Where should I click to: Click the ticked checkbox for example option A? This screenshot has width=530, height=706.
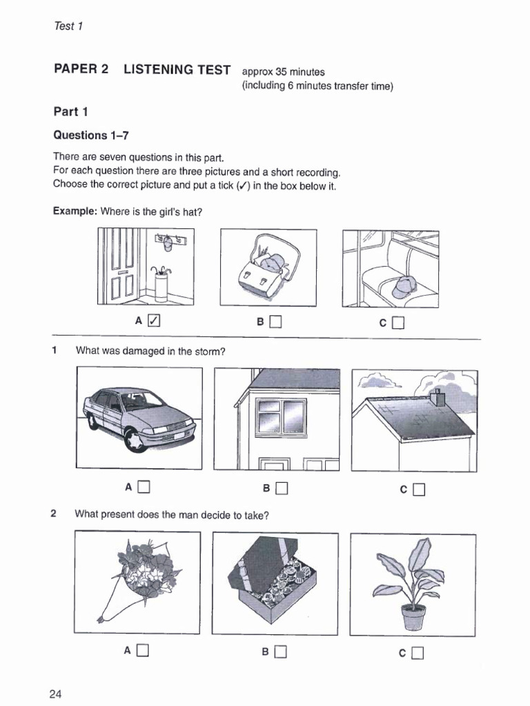point(155,321)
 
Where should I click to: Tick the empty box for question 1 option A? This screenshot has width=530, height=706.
point(144,487)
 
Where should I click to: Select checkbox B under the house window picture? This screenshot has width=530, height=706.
point(281,488)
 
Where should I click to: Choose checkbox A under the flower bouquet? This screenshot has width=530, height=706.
point(143,650)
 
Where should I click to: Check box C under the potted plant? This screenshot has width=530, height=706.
point(418,652)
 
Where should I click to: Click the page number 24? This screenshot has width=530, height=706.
point(56,693)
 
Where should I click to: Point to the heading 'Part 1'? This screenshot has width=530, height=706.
point(71,112)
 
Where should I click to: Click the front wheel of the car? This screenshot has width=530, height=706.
point(135,439)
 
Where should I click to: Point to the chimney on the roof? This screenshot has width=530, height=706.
point(437,397)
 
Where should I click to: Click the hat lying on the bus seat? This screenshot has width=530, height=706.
point(404,285)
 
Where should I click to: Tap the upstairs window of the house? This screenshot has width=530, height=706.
point(281,417)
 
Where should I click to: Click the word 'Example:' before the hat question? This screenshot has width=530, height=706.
point(75,212)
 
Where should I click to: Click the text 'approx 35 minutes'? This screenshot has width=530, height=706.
point(283,72)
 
